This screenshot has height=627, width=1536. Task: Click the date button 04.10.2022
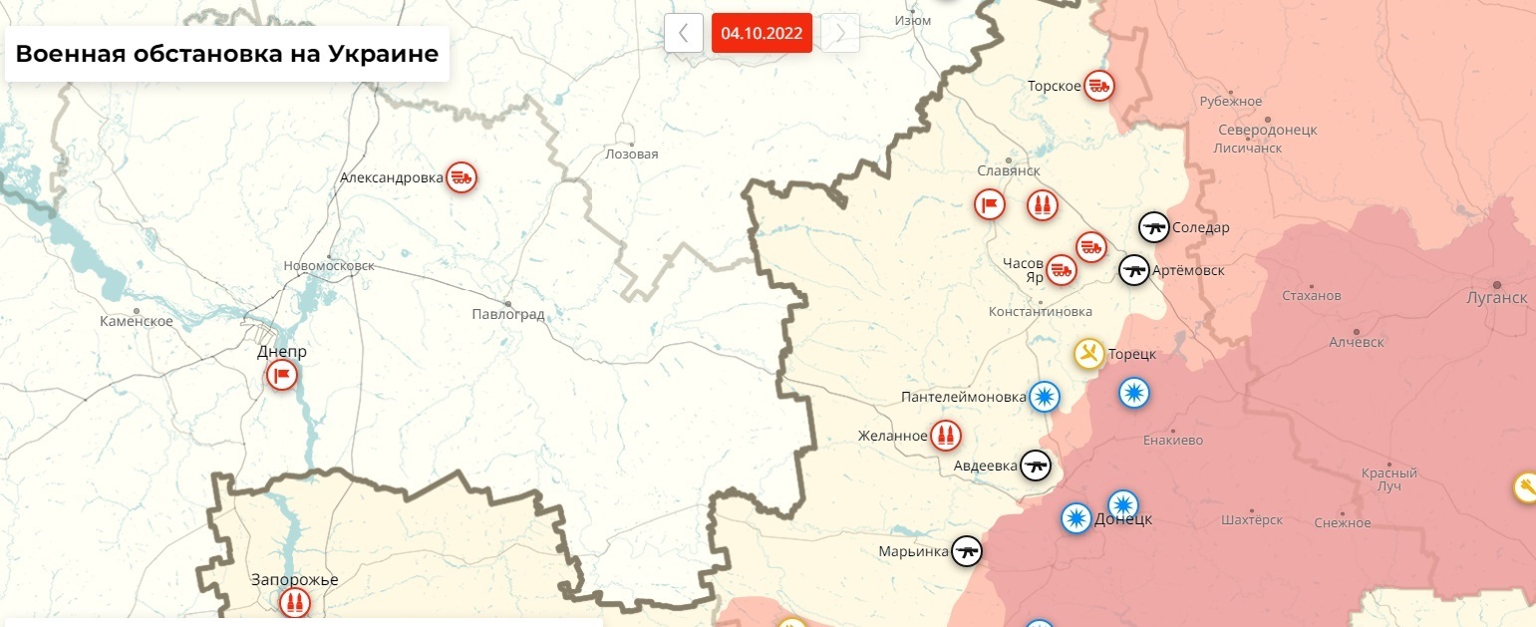762,33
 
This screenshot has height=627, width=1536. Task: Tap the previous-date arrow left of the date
684,33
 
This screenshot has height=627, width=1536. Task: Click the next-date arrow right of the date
839,33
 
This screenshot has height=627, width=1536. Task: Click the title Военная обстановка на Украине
227,54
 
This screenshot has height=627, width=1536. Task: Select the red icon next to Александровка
461,177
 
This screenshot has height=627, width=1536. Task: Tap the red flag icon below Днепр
282,376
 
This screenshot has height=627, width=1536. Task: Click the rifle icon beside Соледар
1154,227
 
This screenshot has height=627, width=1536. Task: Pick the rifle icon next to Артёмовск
1133,270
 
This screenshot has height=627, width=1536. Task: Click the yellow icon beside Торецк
1088,353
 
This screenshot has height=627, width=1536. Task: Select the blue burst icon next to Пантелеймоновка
1045,397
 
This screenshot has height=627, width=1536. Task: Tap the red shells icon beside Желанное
945,435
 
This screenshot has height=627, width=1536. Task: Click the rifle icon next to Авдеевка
1036,465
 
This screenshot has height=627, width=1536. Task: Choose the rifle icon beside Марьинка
967,551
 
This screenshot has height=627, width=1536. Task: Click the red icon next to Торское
1099,86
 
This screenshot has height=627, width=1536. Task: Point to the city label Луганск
1496,298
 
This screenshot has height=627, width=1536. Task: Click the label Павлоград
508,315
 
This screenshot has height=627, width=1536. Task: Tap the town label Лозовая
632,155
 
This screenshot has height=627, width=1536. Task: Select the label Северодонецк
1268,131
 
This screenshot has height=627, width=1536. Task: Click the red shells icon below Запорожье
294,603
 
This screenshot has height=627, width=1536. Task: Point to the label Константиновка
1041,312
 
